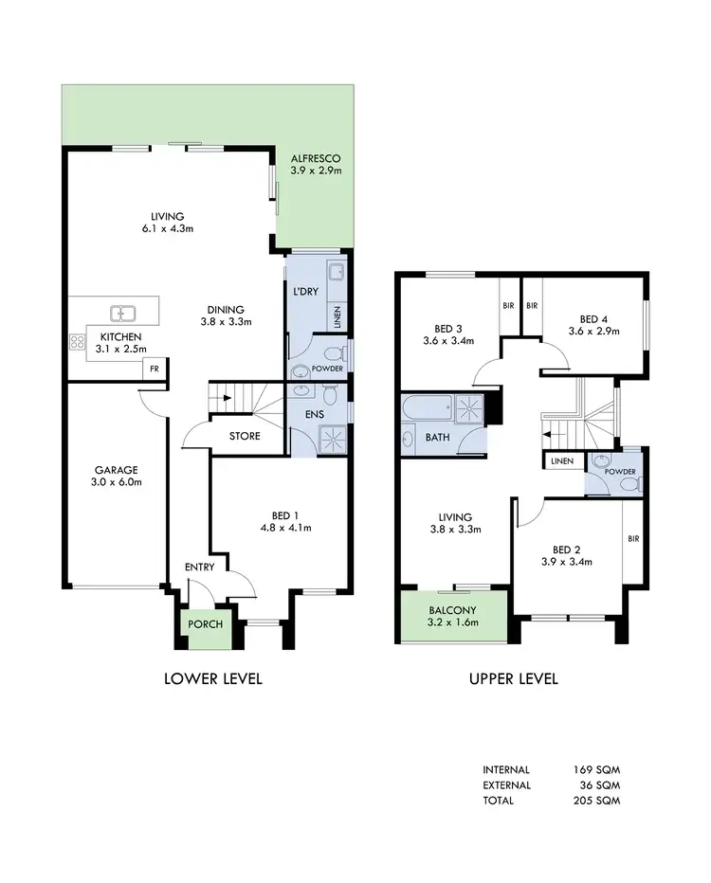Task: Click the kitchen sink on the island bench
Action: point(122,312)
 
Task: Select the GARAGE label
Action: point(117,469)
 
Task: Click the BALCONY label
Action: point(452,609)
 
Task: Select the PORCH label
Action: point(205,624)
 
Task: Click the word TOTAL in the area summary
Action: point(499,801)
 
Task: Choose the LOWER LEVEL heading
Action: point(213,678)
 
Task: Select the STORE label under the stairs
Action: point(246,436)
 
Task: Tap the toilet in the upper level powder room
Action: point(627,483)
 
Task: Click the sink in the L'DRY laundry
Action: point(337,276)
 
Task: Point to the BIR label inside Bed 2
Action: point(632,539)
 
